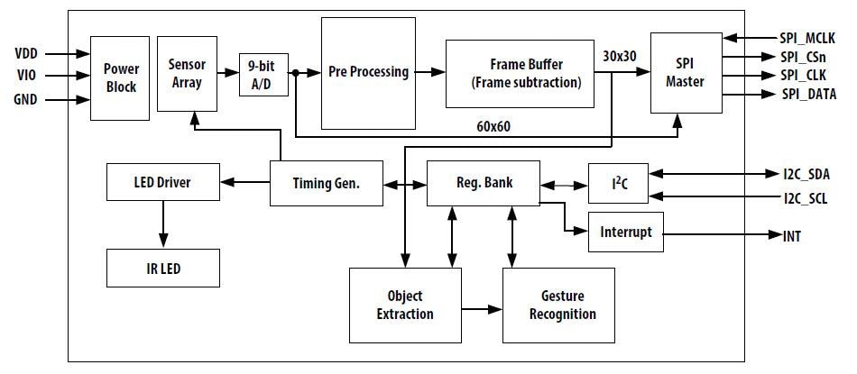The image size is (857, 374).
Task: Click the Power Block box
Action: pyautogui.click(x=120, y=78)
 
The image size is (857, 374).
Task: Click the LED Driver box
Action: pyautogui.click(x=162, y=182)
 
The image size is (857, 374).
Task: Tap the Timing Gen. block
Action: pyautogui.click(x=327, y=183)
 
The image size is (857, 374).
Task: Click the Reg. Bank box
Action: pyautogui.click(x=483, y=182)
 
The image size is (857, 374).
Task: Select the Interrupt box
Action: pyautogui.click(x=626, y=232)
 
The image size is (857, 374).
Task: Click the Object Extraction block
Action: pyautogui.click(x=404, y=305)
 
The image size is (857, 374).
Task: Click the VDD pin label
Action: pyautogui.click(x=25, y=54)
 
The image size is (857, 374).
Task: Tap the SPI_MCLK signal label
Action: pyautogui.click(x=807, y=38)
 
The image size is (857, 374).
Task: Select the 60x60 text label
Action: pyautogui.click(x=493, y=126)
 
